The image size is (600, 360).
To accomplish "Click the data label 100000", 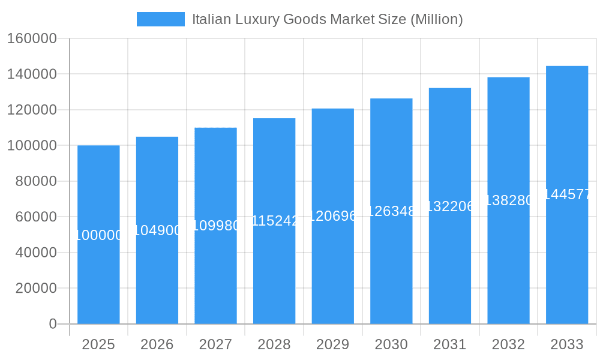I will click(x=98, y=235).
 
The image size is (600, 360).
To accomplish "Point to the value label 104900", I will click(x=157, y=230).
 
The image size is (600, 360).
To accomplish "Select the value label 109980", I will click(x=215, y=226).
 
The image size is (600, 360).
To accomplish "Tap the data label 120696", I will click(x=333, y=216).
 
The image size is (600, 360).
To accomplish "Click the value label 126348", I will click(x=391, y=211).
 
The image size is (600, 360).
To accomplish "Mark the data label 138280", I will click(x=508, y=200).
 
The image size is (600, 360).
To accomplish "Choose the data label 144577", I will click(x=567, y=194).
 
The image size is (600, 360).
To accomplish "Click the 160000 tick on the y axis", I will click(x=32, y=39).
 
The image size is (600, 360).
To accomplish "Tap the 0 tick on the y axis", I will click(x=53, y=324).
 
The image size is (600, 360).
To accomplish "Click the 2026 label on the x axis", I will click(x=157, y=344).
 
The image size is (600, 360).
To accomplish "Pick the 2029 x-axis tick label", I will click(x=333, y=344).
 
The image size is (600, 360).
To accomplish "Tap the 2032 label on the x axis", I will click(x=508, y=344).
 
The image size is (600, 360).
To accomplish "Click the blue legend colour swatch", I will click(x=161, y=19).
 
